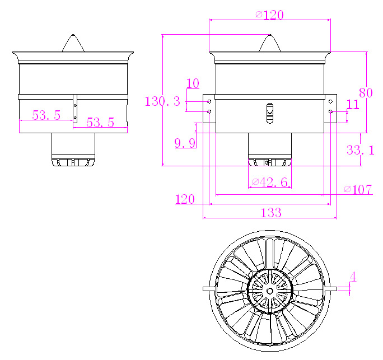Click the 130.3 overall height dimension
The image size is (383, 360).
162,101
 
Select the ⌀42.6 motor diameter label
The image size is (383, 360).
270,182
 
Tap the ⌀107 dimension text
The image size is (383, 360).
358,189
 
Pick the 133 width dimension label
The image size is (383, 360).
271,213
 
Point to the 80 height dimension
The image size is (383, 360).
366,93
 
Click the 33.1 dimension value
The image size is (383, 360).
360,149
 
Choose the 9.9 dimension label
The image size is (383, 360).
185,143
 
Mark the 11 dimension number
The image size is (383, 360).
353,104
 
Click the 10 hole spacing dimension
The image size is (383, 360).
193,83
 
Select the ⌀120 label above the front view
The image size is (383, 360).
270,15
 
